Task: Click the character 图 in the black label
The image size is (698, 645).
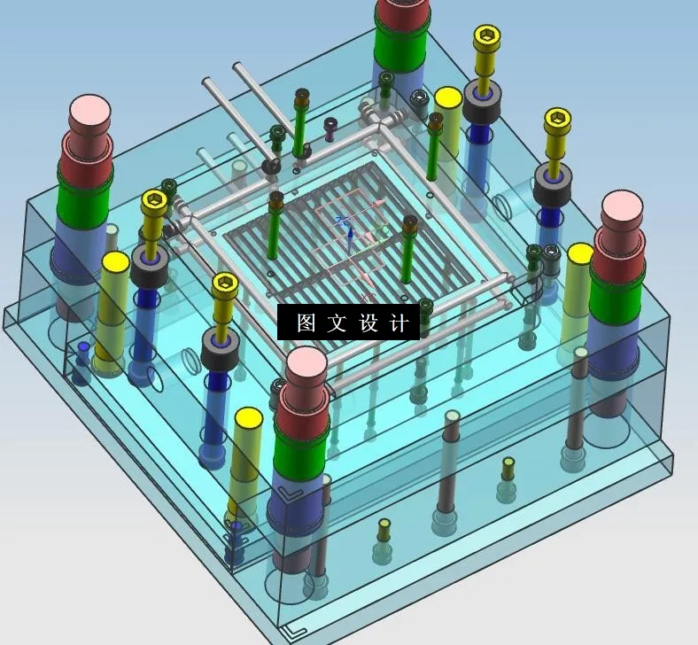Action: [x=306, y=323]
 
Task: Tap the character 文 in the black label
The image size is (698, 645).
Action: [x=337, y=323]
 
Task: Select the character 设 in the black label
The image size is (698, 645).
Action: [x=368, y=323]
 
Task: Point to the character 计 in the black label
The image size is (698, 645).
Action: [x=399, y=323]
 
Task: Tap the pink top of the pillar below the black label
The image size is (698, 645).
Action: [x=305, y=363]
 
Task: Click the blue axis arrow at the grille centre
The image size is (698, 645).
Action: [x=350, y=235]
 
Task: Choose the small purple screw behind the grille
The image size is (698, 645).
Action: [x=330, y=128]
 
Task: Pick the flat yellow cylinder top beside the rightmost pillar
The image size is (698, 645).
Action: [x=580, y=254]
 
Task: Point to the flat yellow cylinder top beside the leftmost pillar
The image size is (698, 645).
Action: [x=115, y=261]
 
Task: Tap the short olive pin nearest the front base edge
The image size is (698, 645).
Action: [x=384, y=530]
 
